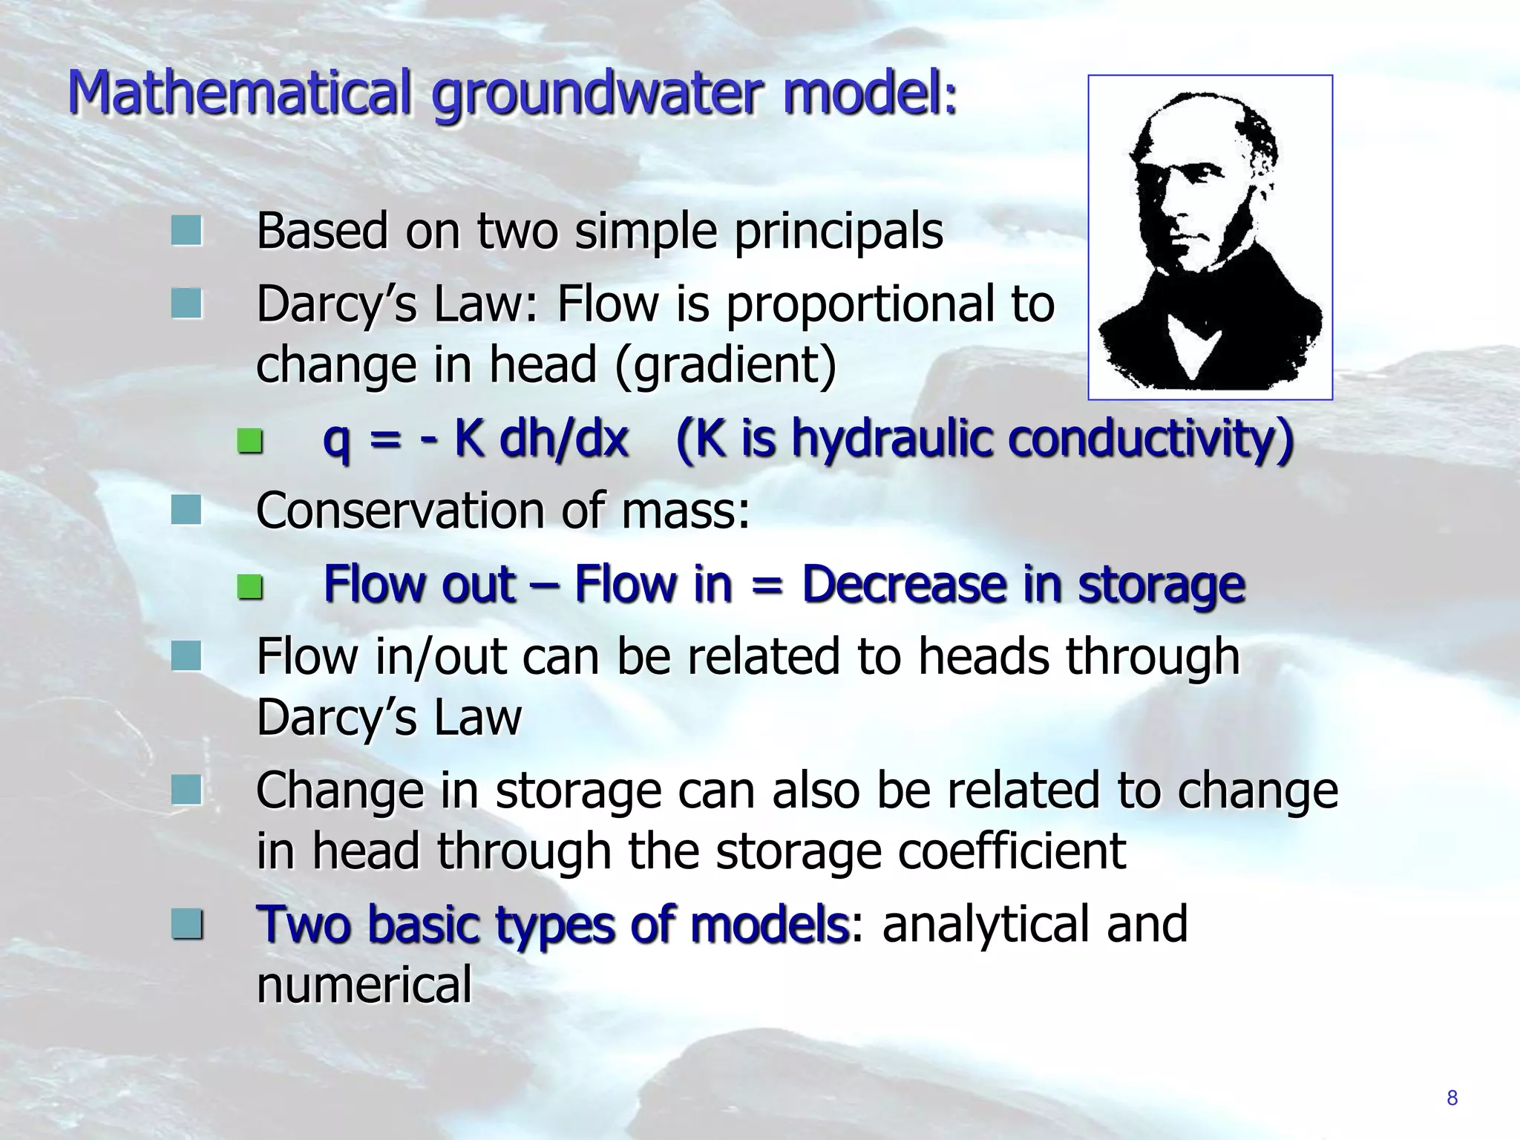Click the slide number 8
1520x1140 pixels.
click(1452, 1098)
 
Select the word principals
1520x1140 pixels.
click(839, 232)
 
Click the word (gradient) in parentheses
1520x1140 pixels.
click(726, 365)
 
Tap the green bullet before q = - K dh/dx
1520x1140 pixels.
click(250, 442)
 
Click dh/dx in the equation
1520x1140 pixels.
click(564, 438)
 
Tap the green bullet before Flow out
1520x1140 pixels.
click(250, 588)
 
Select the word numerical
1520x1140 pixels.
click(364, 985)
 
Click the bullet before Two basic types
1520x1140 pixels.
click(186, 925)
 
